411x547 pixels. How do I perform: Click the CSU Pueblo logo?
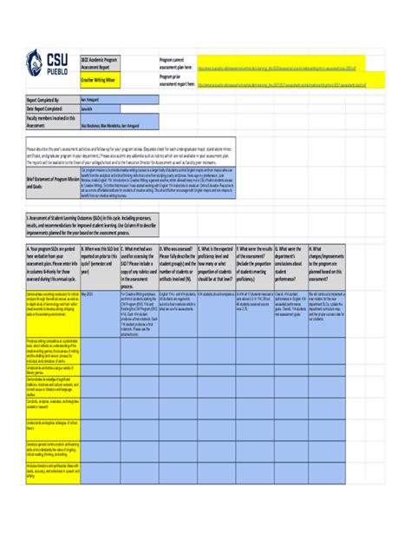point(46,64)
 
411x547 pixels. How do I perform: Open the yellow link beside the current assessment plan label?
point(281,65)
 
